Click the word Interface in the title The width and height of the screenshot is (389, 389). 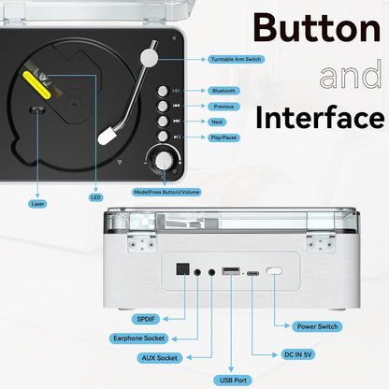point(320,118)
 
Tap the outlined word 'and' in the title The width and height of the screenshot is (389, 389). point(351,75)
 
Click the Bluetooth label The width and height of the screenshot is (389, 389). point(223,91)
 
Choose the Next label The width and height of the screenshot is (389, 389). point(217,122)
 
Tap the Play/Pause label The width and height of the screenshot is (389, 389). point(223,137)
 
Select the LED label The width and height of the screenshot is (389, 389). point(95,196)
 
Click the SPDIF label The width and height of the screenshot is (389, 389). point(145,319)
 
